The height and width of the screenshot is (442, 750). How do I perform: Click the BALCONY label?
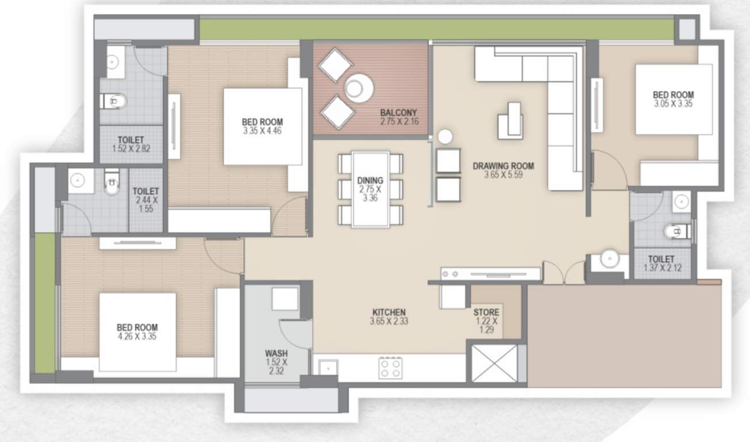click(x=399, y=112)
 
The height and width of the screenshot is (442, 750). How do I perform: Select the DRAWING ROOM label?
click(x=503, y=166)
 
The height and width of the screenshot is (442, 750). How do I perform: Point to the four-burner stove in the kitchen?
click(x=391, y=368)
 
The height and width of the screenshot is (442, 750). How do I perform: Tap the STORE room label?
click(x=486, y=313)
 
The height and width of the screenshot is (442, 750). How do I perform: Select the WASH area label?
click(x=276, y=353)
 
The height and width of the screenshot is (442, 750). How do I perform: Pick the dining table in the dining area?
click(x=370, y=189)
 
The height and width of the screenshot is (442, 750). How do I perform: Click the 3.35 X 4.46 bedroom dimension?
click(x=262, y=131)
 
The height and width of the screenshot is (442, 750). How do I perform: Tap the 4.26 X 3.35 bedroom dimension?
click(x=137, y=336)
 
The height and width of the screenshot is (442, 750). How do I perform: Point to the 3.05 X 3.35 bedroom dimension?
click(x=674, y=104)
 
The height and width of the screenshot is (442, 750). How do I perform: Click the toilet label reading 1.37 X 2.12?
click(x=661, y=267)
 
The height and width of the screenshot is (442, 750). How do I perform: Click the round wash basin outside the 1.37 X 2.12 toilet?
click(x=609, y=260)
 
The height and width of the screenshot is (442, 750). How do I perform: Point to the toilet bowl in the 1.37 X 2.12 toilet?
click(x=675, y=231)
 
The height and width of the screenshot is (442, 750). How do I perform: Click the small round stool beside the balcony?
click(x=445, y=136)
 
